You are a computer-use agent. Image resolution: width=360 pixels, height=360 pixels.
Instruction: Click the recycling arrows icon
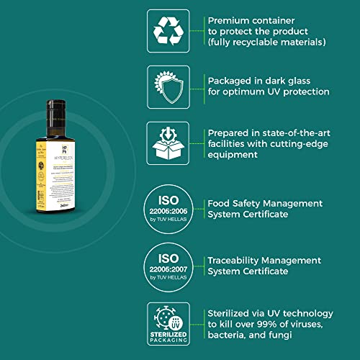[x=168, y=31]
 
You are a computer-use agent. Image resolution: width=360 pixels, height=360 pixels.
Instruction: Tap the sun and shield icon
[x=168, y=87]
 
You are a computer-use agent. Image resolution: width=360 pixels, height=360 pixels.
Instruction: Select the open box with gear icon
[x=168, y=143]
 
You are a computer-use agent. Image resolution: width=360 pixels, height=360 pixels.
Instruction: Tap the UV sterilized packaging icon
[x=168, y=322]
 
